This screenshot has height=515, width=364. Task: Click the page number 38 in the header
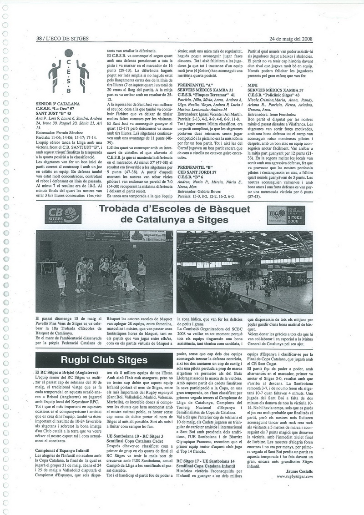[39, 39]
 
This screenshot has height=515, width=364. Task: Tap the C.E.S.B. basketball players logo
[69, 71]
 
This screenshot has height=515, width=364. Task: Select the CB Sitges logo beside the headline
[63, 214]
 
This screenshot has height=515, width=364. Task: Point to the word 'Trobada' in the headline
[120, 209]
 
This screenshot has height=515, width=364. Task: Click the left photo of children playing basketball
[104, 271]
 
